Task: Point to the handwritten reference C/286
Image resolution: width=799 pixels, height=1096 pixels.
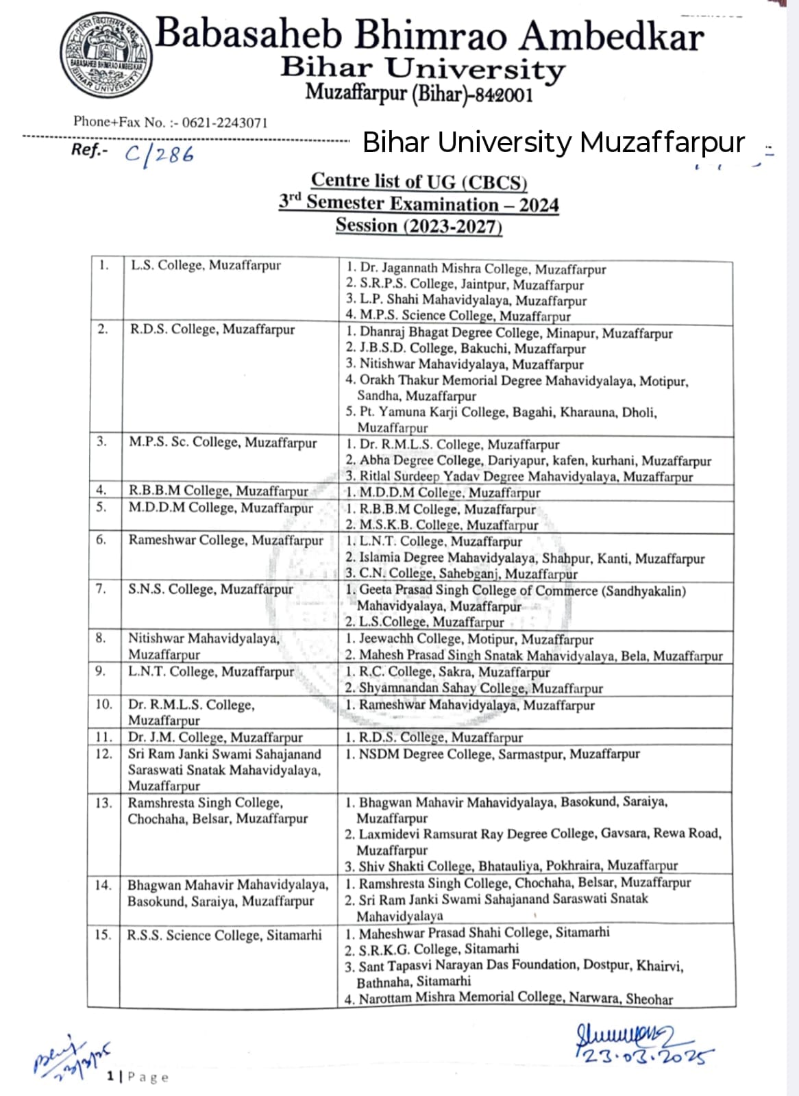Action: click(160, 153)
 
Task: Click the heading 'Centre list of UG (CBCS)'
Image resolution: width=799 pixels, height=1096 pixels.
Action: click(419, 181)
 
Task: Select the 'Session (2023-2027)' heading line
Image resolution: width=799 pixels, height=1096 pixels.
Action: click(419, 225)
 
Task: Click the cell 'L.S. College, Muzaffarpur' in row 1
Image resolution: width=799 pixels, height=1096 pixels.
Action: click(206, 265)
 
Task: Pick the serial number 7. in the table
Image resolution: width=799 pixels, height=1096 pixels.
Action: click(101, 589)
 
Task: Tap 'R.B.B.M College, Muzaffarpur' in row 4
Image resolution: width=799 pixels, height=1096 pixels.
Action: click(219, 490)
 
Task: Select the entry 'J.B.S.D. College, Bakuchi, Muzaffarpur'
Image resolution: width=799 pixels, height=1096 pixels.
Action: click(472, 348)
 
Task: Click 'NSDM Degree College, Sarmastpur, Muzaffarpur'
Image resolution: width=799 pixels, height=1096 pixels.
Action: click(499, 754)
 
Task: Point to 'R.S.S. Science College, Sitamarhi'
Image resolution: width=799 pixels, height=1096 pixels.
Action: click(224, 935)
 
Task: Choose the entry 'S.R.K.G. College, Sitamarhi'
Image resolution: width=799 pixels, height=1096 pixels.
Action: click(439, 949)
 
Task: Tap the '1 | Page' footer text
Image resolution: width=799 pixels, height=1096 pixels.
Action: click(138, 1077)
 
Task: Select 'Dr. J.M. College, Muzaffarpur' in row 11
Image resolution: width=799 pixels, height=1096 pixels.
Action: click(215, 737)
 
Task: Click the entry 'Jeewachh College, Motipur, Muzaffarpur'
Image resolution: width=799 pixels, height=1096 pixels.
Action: click(476, 639)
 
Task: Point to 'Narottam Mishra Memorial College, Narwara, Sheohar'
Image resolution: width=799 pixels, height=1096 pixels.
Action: click(515, 999)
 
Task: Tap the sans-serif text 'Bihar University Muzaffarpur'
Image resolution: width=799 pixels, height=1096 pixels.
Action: click(553, 142)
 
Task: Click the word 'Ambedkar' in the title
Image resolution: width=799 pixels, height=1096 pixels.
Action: click(611, 36)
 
